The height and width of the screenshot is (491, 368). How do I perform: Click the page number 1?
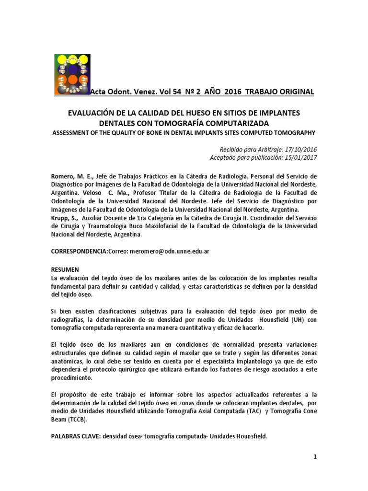(316, 457)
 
